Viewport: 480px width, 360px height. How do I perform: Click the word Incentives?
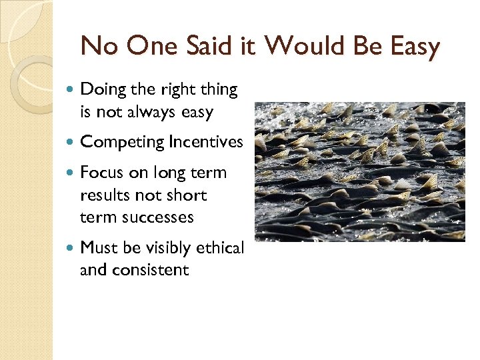[x=206, y=142]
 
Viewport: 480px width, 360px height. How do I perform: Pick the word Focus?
[x=99, y=173]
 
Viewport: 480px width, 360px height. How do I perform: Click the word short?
[x=189, y=195]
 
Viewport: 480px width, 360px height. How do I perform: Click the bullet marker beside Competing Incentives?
[x=71, y=142]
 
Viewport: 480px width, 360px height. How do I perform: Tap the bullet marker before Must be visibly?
[x=71, y=248]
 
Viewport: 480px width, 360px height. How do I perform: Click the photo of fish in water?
[x=359, y=171]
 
